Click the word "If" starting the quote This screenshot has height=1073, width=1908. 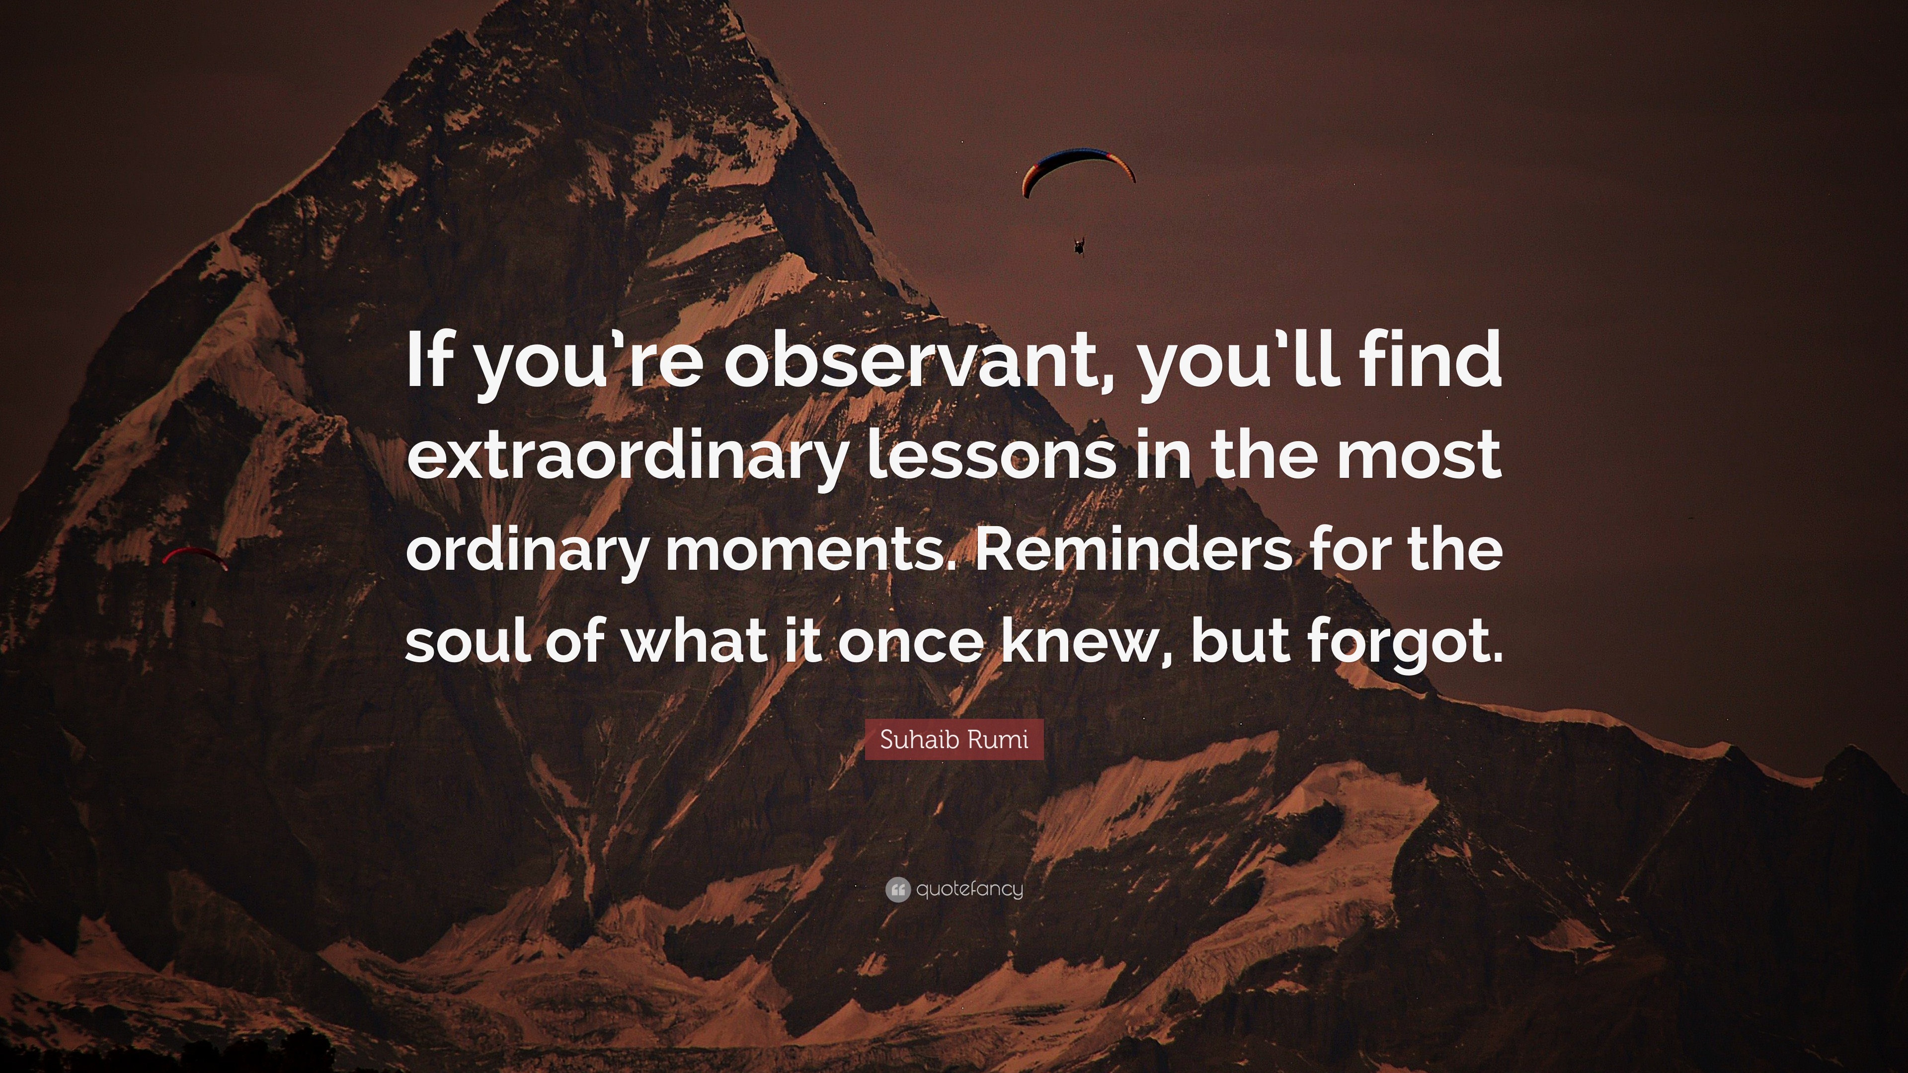click(430, 361)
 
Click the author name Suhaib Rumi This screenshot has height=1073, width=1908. click(954, 739)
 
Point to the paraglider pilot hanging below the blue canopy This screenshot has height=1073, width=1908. click(1079, 246)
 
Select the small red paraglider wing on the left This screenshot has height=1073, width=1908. click(194, 555)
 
